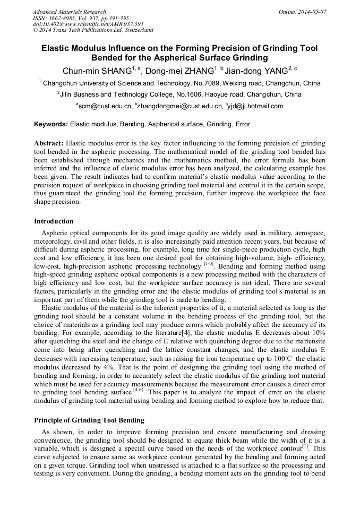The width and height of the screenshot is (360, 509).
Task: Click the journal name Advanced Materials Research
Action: pos(70,12)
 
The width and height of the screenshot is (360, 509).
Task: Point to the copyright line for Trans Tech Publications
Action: pos(93,30)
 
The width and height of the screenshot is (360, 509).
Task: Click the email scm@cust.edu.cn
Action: pos(105,106)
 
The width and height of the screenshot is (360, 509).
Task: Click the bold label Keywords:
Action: pos(51,125)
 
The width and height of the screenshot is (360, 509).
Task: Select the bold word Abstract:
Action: pos(49,143)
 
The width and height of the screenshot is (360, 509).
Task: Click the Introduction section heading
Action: pos(54,221)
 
